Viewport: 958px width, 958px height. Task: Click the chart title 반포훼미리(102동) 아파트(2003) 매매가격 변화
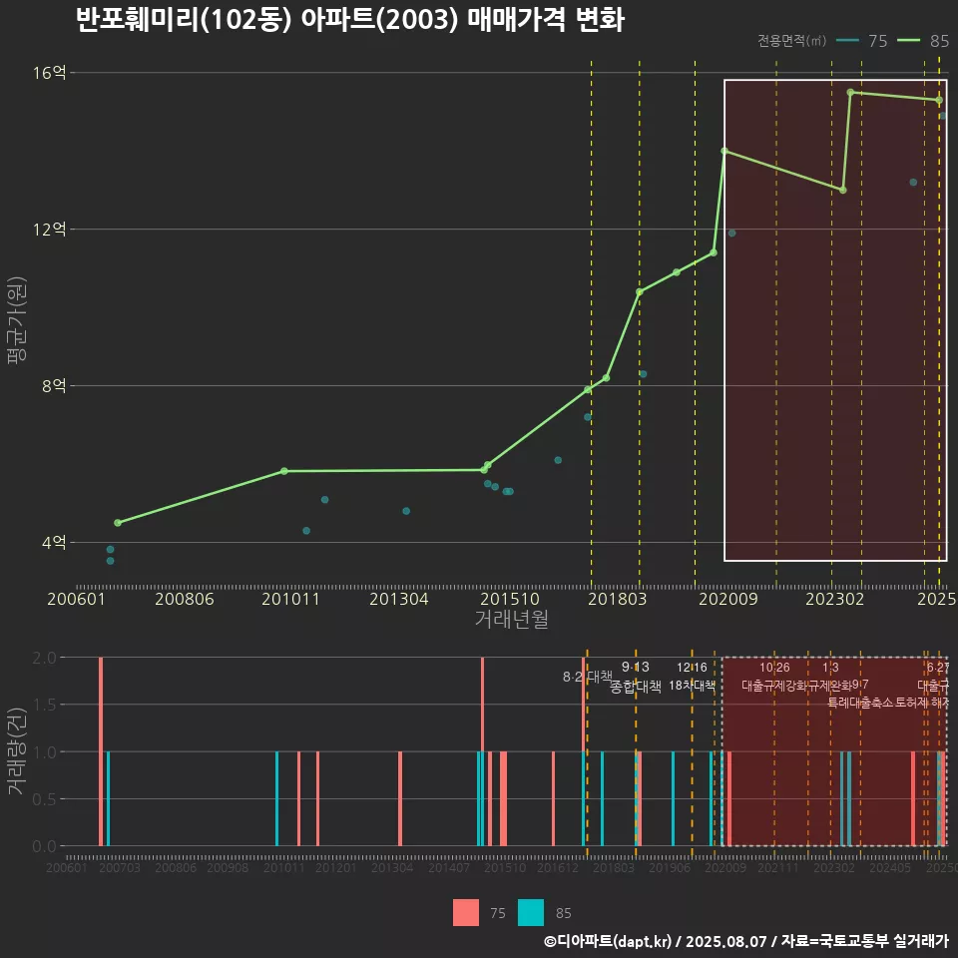[x=349, y=20]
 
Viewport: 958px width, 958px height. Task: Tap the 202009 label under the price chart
[x=724, y=600]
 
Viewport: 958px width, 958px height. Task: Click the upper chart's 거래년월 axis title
[x=511, y=620]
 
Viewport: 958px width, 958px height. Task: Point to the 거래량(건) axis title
[x=17, y=750]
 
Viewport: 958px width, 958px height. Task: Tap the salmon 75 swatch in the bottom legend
[x=466, y=912]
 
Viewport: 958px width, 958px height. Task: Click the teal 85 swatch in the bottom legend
[x=531, y=912]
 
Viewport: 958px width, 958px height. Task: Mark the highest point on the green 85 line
[x=850, y=92]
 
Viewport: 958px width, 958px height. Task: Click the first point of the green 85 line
[x=118, y=523]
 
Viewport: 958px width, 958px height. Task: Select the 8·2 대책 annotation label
[x=588, y=677]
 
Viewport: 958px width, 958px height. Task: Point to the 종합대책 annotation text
[x=636, y=687]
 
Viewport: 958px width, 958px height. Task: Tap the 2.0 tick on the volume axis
[x=44, y=658]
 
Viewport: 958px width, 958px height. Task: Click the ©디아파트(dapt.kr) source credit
[x=609, y=941]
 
